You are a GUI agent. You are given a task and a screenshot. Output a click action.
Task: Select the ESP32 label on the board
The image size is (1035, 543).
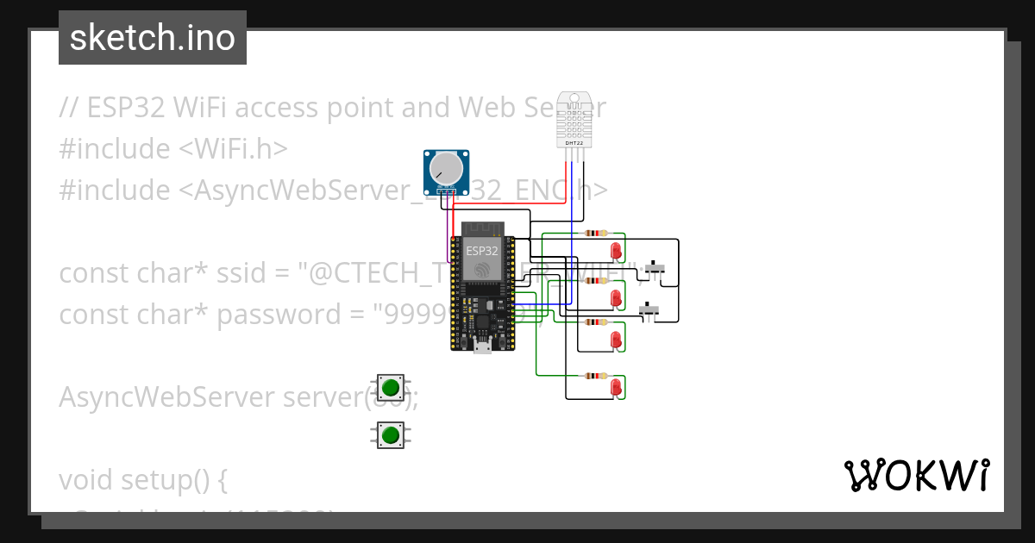(481, 251)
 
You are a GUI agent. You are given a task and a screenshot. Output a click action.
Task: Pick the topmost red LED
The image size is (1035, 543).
(616, 251)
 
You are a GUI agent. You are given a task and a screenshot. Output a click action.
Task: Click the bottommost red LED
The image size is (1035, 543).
(616, 388)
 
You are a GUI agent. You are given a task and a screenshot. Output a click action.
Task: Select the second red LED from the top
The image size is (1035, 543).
(616, 298)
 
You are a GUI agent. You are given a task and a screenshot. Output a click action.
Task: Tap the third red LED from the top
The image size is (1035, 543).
(616, 340)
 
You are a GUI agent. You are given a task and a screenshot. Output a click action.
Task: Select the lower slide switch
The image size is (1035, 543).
(649, 309)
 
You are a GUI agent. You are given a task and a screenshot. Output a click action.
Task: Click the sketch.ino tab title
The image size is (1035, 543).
(153, 38)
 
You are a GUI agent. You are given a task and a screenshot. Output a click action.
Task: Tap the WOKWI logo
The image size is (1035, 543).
(916, 476)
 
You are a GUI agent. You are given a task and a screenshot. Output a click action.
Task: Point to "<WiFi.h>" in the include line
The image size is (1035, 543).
(233, 149)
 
